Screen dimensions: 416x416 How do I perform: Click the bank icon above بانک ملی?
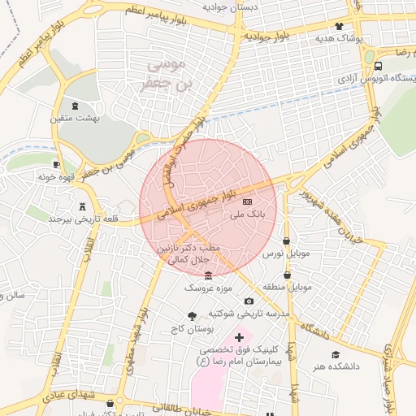(x=248, y=201)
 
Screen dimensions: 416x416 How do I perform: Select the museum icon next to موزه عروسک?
(x=209, y=275)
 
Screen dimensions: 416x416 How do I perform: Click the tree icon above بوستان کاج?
(x=192, y=317)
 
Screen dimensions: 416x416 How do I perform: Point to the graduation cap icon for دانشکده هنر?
(x=336, y=354)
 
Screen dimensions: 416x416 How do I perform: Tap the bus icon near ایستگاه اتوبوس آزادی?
(x=379, y=66)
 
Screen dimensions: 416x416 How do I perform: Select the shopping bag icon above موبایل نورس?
(x=286, y=241)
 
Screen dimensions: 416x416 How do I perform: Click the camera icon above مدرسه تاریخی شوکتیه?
(x=249, y=301)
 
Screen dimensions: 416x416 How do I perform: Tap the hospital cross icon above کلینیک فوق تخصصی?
(x=239, y=336)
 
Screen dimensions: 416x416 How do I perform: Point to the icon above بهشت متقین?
(x=76, y=106)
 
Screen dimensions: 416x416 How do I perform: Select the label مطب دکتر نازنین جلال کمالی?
(x=179, y=253)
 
